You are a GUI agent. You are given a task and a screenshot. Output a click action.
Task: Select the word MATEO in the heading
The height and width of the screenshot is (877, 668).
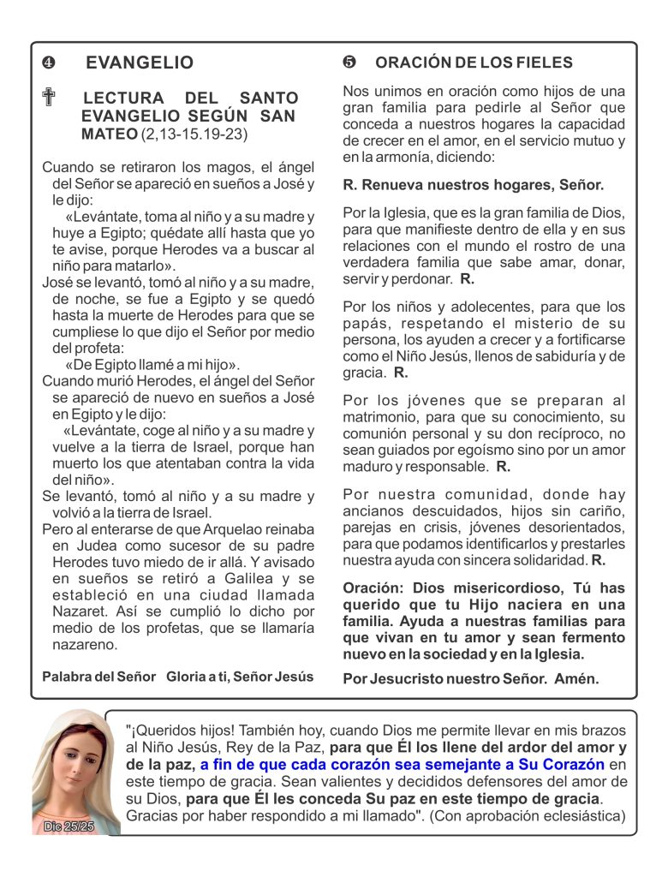tap(109, 134)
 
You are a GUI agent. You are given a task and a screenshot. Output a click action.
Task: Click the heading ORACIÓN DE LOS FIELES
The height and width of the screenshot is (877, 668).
tap(474, 63)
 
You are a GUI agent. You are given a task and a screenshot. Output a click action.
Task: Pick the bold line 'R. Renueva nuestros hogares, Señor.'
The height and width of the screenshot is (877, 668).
tap(473, 184)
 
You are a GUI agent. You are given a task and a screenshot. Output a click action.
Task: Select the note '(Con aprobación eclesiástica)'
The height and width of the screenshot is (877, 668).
tap(528, 816)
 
